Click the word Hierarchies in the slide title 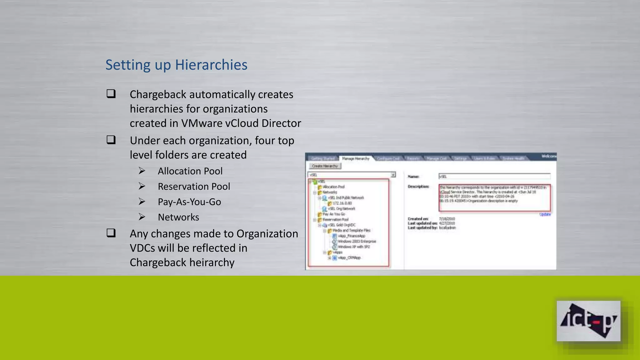click(211, 65)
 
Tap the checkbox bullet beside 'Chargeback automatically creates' click(111, 94)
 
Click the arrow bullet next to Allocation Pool click(142, 171)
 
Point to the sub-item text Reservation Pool click(194, 187)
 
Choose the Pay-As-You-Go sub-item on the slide click(189, 202)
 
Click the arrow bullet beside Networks click(142, 217)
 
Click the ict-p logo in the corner click(588, 321)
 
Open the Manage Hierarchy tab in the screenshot click(356, 159)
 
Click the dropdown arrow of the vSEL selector click(393, 175)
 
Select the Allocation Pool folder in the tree click(333, 187)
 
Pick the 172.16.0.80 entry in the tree click(342, 203)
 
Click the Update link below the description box click(545, 214)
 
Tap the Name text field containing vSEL click(494, 177)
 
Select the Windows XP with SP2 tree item click(354, 247)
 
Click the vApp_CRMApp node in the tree click(349, 258)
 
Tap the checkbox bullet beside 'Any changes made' click(111, 233)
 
